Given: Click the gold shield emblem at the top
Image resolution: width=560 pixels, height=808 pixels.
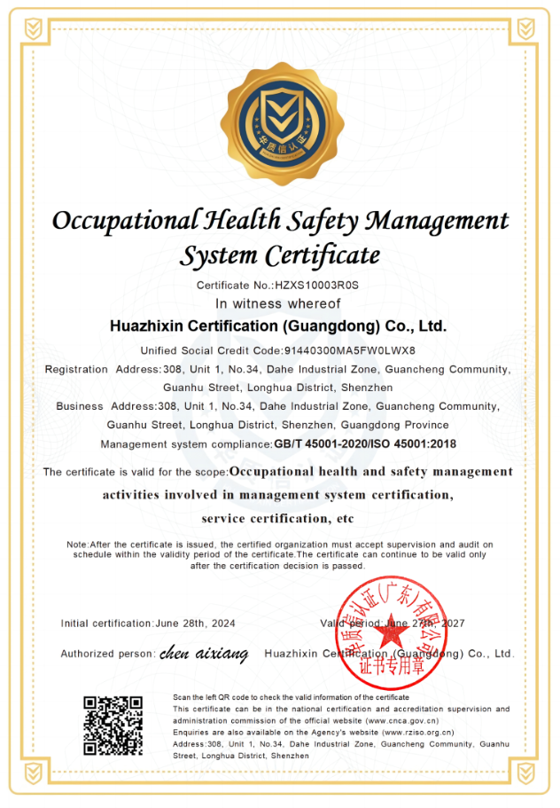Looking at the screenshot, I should pos(280,123).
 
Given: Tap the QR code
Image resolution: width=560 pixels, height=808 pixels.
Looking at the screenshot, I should pos(113,726).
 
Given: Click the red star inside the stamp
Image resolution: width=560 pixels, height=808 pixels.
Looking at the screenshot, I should pos(390,632).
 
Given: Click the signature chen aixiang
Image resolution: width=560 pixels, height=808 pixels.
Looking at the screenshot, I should pos(203,655).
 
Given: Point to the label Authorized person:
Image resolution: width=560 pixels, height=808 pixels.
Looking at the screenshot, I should pos(107,655).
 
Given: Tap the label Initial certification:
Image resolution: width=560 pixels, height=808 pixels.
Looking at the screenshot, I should pos(106,624).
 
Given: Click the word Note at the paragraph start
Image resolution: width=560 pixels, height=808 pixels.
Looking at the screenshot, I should pos(76,544).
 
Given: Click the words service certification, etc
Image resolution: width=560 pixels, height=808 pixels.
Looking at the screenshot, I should pos(277,518).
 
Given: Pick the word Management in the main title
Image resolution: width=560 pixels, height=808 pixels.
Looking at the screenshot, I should pos(438,220).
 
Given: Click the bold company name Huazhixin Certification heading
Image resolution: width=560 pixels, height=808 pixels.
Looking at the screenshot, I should pos(277,326).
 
